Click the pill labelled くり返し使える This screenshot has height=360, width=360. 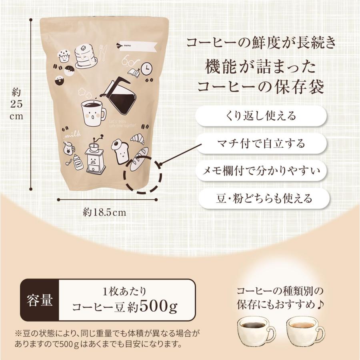click(261, 116)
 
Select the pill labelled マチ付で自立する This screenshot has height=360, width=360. click(261, 143)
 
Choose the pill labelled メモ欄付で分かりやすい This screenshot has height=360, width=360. click(261, 171)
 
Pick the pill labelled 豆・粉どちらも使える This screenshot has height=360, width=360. click(261, 198)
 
